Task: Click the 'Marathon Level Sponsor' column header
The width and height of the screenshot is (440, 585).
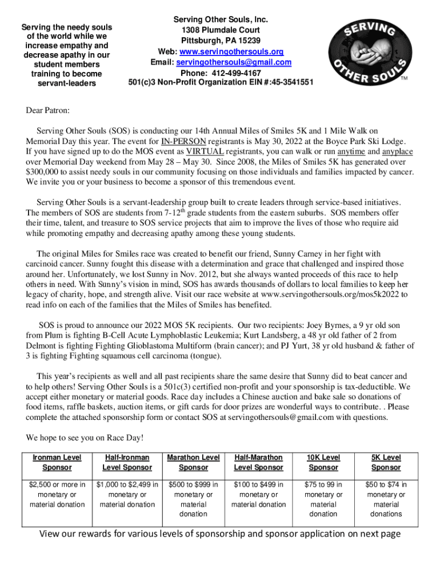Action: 193,462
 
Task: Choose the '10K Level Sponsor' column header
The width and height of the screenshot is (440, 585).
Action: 323,462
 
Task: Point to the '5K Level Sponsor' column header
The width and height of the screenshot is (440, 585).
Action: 386,462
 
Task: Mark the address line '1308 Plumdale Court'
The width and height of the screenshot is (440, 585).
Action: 221,30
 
